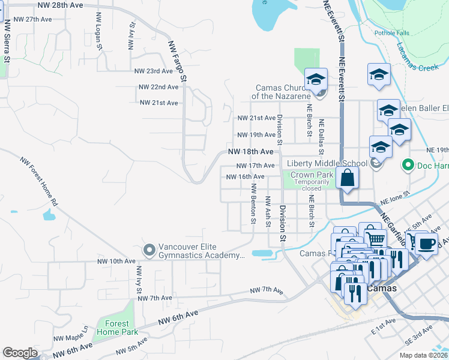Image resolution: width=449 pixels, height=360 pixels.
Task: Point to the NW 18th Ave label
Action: pyautogui.click(x=250, y=152)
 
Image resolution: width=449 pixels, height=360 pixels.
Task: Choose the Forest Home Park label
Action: pyautogui.click(x=118, y=327)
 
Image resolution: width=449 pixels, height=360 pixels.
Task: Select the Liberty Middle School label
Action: pyautogui.click(x=327, y=163)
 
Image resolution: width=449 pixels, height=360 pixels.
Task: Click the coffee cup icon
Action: pyautogui.click(x=427, y=244)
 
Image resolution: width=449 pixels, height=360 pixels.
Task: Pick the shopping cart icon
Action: pyautogui.click(x=376, y=239)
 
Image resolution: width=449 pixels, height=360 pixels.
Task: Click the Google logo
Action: pyautogui.click(x=20, y=353)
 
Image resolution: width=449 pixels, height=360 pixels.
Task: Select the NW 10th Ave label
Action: pyautogui.click(x=116, y=262)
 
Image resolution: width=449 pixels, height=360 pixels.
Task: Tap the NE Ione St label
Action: pyautogui.click(x=394, y=197)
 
